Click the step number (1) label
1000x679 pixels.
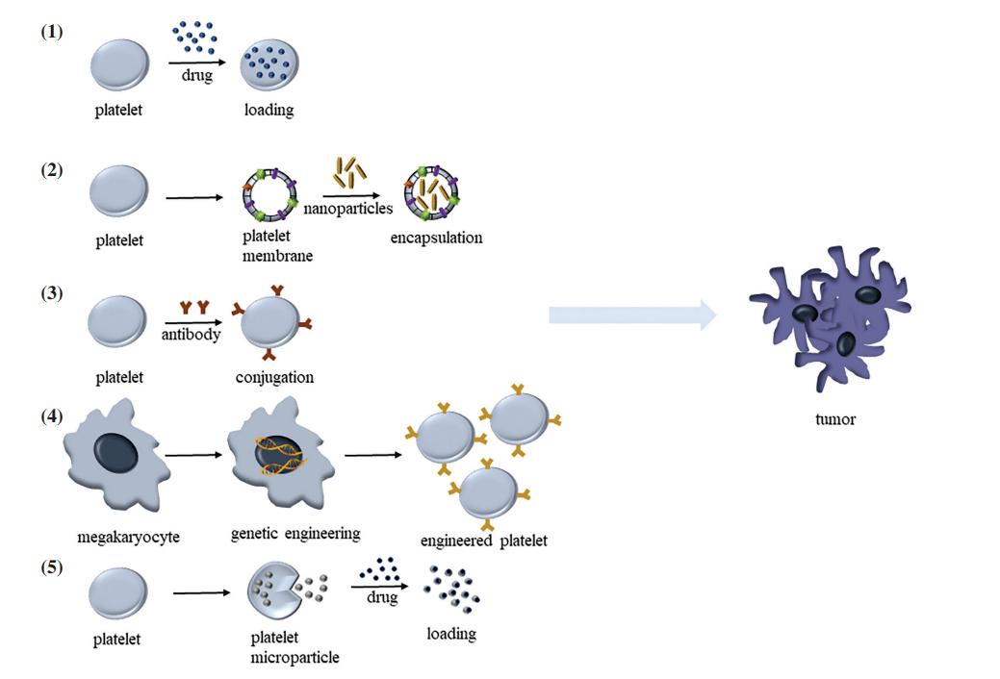[x=51, y=32]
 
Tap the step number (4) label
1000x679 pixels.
[x=51, y=417]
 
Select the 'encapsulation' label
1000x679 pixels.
[x=436, y=238]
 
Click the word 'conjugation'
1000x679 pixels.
[x=274, y=377]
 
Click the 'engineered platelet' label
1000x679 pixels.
[x=484, y=541]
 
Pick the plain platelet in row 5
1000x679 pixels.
[x=118, y=594]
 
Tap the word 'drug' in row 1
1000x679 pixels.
[x=197, y=76]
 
